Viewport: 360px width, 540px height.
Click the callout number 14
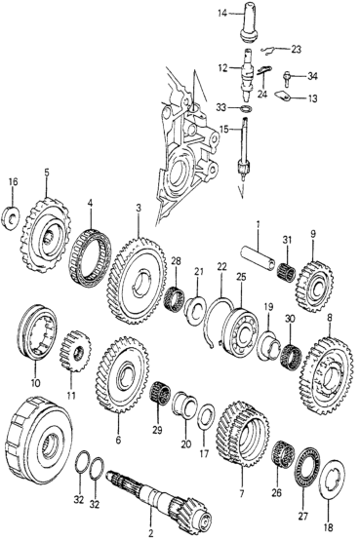(x=222, y=14)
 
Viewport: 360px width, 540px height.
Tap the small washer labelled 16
(x=12, y=217)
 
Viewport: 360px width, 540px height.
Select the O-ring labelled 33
(x=245, y=109)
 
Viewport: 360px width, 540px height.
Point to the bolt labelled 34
(x=287, y=79)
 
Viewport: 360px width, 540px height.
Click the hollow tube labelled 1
(x=258, y=258)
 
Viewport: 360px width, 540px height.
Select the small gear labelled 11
(x=74, y=351)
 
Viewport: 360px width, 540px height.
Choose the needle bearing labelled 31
(x=287, y=269)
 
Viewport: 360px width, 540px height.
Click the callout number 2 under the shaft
(x=150, y=534)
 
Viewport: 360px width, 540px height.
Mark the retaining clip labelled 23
(x=269, y=50)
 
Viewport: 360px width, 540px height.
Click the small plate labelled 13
(x=283, y=96)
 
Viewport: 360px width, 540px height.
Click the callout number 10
(x=35, y=382)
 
